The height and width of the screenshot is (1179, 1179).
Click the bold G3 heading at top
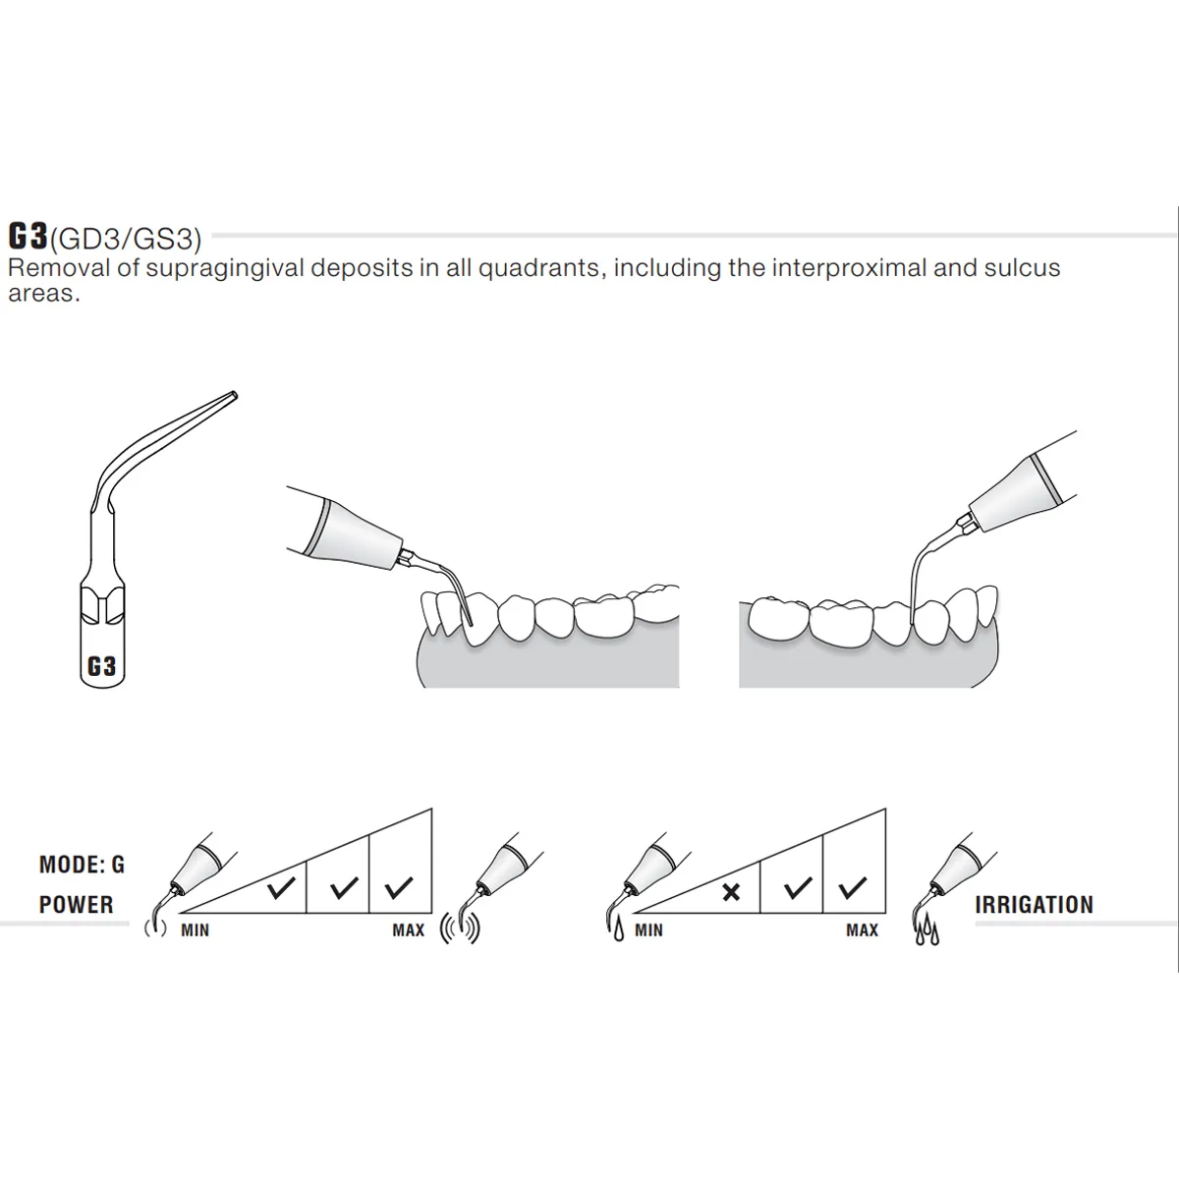click(28, 237)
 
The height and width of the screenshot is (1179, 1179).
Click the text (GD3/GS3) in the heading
click(126, 239)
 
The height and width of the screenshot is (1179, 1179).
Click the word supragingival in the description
click(229, 268)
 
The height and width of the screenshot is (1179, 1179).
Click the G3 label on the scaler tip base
click(101, 666)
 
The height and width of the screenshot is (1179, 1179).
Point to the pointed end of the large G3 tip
click(232, 396)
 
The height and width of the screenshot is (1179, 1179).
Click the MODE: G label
click(82, 865)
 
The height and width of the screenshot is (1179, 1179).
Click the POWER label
click(76, 905)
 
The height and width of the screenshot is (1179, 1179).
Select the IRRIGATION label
click(1034, 905)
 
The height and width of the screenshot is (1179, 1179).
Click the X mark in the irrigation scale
click(731, 892)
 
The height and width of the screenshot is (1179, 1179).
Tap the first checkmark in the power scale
click(282, 890)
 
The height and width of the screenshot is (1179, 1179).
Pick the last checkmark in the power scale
click(398, 890)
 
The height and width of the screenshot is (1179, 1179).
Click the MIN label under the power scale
click(195, 929)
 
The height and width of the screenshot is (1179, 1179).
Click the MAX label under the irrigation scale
click(862, 929)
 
